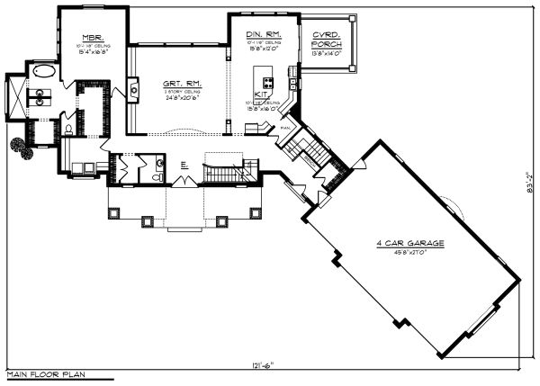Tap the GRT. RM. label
183,83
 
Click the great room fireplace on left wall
133,88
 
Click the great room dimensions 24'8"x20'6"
183,98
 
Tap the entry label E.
183,163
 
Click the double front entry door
183,183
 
